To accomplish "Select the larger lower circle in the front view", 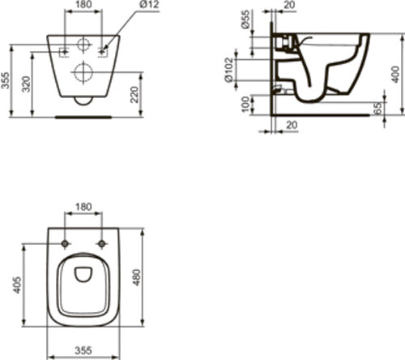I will point(83,72).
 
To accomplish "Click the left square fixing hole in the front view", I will point(64,53).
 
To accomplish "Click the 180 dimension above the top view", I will point(83,208).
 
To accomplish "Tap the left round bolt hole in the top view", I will point(64,243).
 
